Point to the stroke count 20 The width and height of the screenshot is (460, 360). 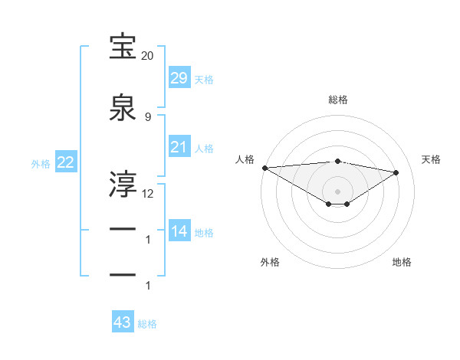tap(147, 56)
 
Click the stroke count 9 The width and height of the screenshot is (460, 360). tap(147, 116)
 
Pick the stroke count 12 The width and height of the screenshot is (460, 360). tap(148, 193)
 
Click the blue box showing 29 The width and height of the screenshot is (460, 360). tap(179, 78)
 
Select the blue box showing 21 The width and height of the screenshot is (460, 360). tap(179, 147)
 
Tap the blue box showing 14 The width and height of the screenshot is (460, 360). tap(179, 231)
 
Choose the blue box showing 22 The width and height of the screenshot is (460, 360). tap(65, 162)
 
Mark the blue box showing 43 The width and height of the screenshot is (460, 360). tap(122, 322)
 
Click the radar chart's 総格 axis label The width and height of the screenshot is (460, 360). tap(337, 100)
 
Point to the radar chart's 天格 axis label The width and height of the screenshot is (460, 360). tap(431, 159)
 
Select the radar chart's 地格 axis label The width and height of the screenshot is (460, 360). tap(402, 262)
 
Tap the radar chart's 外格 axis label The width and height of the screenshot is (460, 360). tap(270, 262)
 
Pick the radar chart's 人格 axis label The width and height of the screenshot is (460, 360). tap(245, 159)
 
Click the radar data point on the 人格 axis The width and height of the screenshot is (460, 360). tap(264, 168)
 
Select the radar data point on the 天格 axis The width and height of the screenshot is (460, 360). tap(396, 172)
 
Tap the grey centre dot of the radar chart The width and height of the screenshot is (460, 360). tap(337, 191)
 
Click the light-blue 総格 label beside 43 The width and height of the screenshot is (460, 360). tap(147, 324)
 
